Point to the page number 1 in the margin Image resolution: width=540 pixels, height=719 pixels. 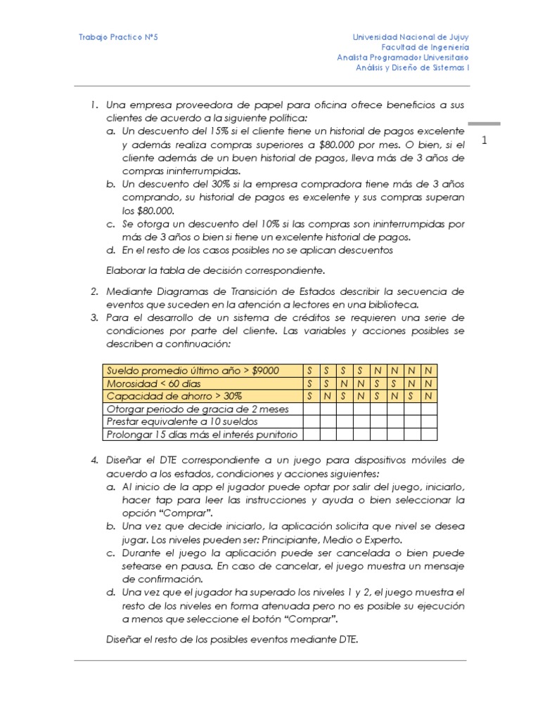click(x=484, y=141)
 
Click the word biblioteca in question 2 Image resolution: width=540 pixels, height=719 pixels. click(x=394, y=304)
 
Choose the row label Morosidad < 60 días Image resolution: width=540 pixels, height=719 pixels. click(x=153, y=383)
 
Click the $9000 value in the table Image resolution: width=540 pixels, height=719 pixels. click(x=264, y=370)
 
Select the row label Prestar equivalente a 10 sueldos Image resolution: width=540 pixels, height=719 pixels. click(x=181, y=421)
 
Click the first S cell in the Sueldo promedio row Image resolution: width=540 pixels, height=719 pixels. click(x=309, y=370)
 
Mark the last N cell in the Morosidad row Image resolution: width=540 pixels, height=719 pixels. click(x=428, y=383)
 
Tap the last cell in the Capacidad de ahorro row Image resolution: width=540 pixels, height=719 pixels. click(x=428, y=396)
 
